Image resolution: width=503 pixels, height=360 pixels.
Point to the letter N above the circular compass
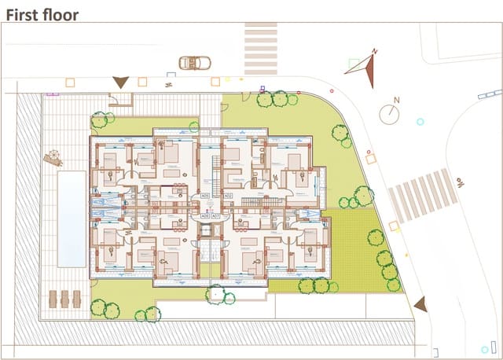point(397,100)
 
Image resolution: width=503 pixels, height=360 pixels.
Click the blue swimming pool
point(71,219)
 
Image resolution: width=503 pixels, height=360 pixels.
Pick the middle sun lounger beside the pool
point(64,298)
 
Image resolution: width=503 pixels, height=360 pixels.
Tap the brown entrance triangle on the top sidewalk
point(120,81)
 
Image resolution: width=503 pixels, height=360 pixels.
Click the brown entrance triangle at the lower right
point(420,304)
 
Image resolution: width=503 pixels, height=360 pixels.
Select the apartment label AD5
point(205,196)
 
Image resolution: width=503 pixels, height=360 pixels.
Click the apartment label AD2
point(228,196)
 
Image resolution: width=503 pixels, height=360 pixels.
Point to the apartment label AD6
point(205,215)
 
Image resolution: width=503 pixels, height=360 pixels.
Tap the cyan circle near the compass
point(420,122)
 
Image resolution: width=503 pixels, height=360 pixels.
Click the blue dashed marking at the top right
point(490,94)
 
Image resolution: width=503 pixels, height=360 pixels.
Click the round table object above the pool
point(53,157)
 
